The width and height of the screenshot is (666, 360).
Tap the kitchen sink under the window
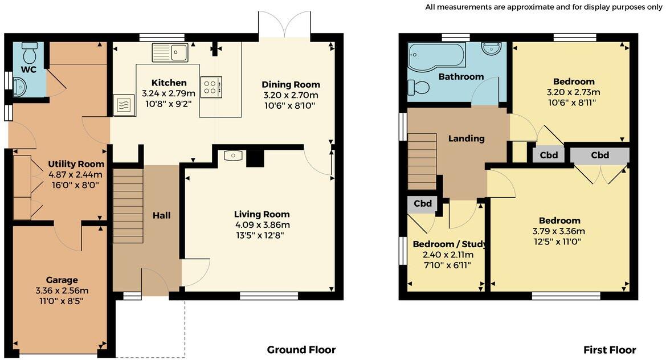pyautogui.click(x=170, y=52)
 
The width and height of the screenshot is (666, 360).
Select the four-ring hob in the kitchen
pyautogui.click(x=211, y=87)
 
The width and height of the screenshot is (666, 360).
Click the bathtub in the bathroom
pyautogui.click(x=436, y=56)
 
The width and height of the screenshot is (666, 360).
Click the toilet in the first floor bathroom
pyautogui.click(x=418, y=87)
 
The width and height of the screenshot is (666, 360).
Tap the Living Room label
pyautogui.click(x=262, y=214)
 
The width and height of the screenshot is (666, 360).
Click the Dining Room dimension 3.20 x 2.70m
pyautogui.click(x=291, y=95)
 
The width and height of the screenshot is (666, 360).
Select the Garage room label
pyautogui.click(x=62, y=280)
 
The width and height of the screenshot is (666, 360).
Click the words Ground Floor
pyautogui.click(x=301, y=350)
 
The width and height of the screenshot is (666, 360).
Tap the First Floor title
pyautogui.click(x=609, y=350)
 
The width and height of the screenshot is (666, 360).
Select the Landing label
pyautogui.click(x=466, y=138)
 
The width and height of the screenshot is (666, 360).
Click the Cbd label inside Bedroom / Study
pyautogui.click(x=422, y=203)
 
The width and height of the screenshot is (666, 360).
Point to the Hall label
pyautogui.click(x=161, y=215)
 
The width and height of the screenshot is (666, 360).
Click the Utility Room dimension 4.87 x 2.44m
pyautogui.click(x=75, y=174)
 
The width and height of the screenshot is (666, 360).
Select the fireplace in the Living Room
pyautogui.click(x=234, y=155)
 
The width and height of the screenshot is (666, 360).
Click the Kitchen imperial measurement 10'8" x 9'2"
pyautogui.click(x=169, y=104)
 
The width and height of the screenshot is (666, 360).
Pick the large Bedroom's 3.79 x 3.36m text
pyautogui.click(x=558, y=231)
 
